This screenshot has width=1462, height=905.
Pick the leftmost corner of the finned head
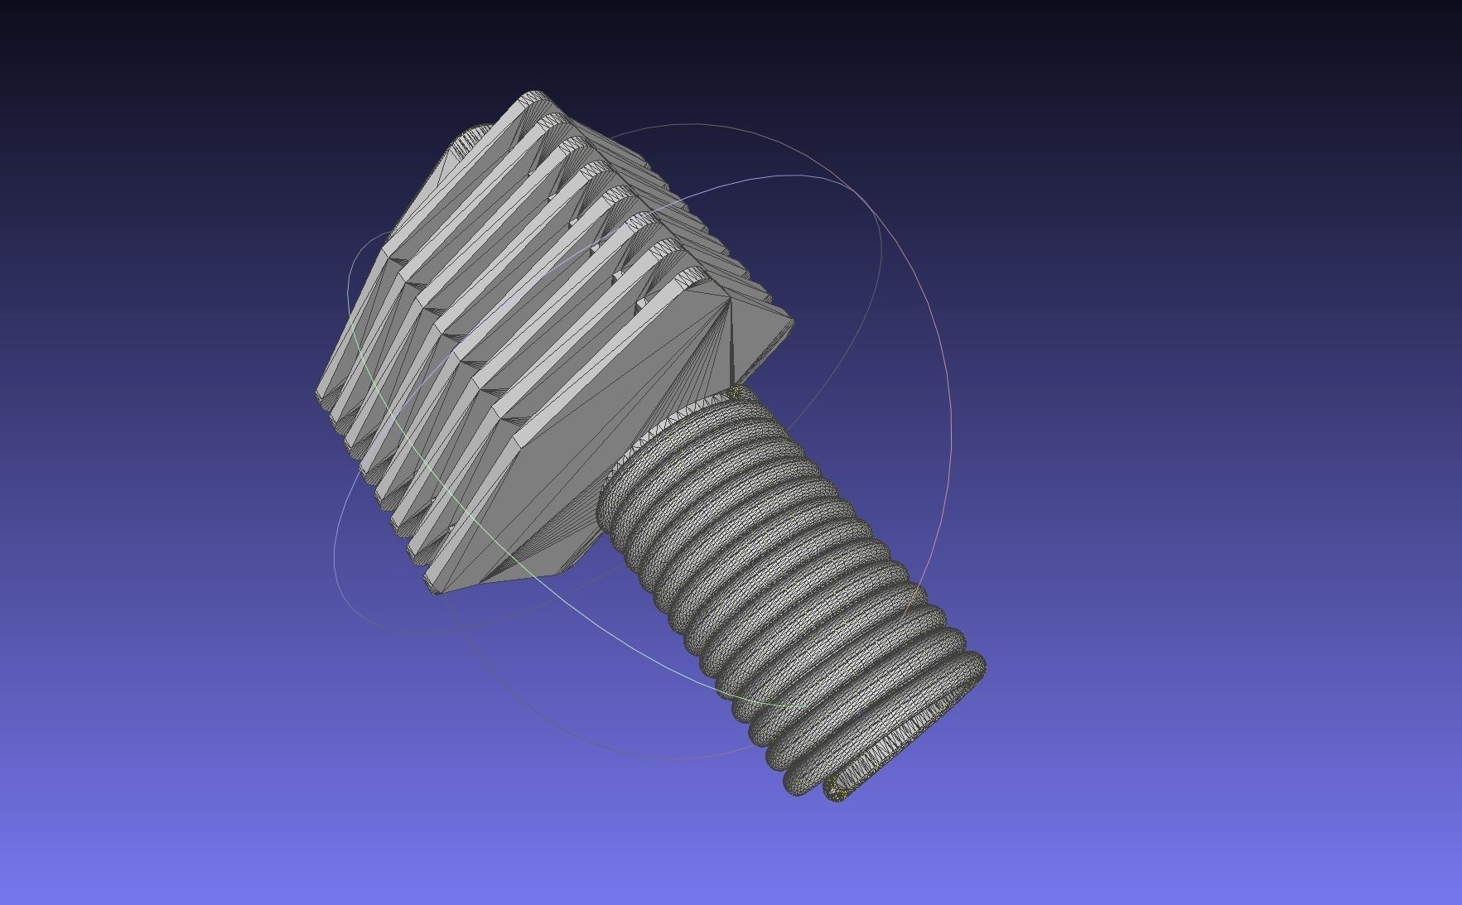tap(317, 394)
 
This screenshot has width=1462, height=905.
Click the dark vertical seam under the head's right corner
tap(731, 348)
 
